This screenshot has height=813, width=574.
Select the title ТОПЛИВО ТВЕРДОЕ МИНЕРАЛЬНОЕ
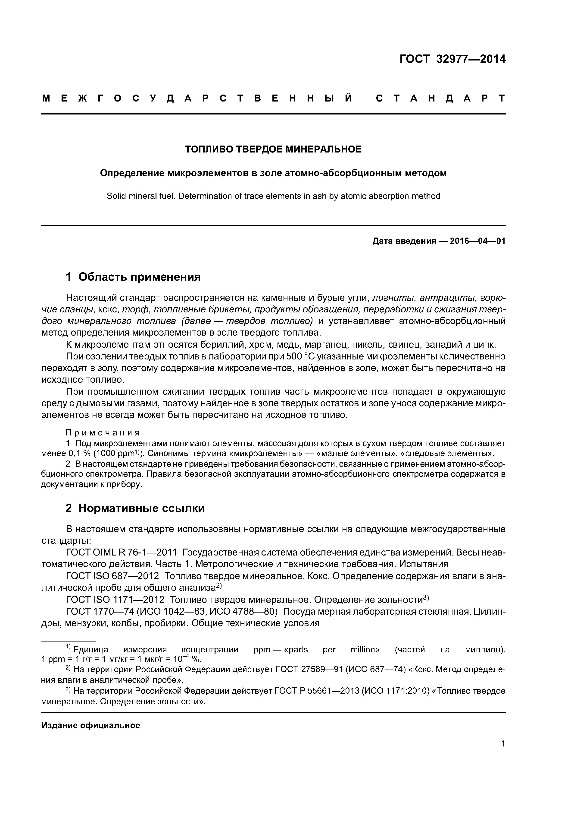(273, 149)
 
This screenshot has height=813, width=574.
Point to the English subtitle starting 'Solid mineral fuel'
(273, 196)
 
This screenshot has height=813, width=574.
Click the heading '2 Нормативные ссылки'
(135, 508)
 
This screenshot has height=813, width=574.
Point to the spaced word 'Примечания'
(103, 433)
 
